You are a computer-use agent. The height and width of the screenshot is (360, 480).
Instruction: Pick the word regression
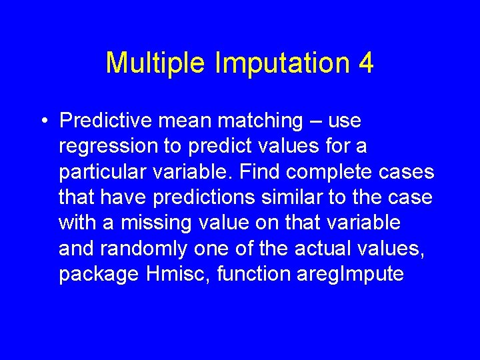click(104, 146)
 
